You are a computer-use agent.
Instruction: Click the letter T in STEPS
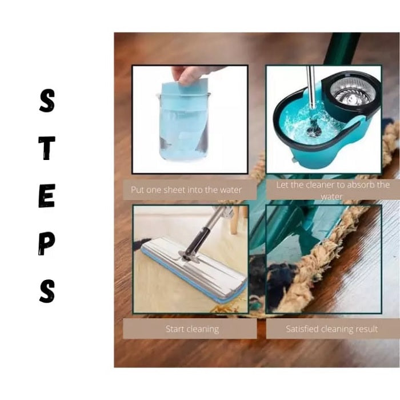click(47, 148)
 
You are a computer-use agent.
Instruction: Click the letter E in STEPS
click(47, 196)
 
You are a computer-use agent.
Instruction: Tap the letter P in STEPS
click(47, 244)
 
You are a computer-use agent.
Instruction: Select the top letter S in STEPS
click(47, 101)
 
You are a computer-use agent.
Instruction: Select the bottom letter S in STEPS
click(47, 291)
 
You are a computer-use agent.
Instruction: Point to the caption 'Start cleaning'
click(192, 329)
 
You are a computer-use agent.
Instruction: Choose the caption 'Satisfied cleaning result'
click(332, 329)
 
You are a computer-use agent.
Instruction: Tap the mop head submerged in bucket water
click(313, 129)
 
